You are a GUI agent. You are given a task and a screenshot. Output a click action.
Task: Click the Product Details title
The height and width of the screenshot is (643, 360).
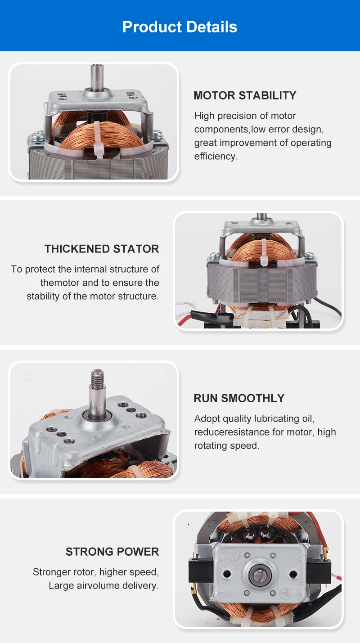click(180, 27)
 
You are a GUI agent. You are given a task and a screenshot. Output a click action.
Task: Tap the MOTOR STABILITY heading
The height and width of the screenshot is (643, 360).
click(245, 95)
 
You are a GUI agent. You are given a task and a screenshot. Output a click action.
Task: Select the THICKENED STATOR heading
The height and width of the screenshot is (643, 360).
click(102, 249)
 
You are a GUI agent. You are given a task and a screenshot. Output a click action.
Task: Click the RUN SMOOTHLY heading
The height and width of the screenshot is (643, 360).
click(239, 398)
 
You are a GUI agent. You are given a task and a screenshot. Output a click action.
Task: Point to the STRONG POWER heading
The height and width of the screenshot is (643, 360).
click(112, 551)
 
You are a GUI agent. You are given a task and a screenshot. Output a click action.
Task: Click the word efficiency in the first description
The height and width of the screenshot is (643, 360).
click(215, 156)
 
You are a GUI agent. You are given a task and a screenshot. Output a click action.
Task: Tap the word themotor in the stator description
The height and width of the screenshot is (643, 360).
click(60, 283)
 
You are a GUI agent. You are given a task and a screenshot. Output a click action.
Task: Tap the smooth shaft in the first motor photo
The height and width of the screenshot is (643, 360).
click(97, 76)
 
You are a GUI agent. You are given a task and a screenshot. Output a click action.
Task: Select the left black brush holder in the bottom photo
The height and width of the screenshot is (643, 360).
click(200, 572)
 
